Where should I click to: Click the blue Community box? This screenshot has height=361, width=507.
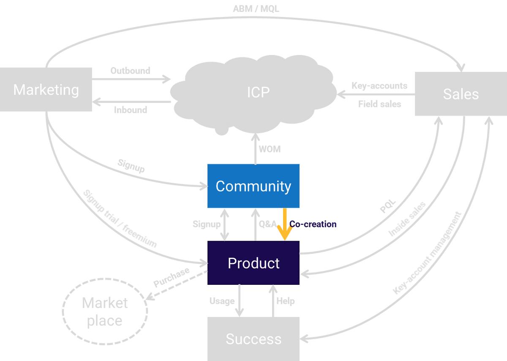pyautogui.click(x=253, y=186)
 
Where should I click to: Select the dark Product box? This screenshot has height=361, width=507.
pyautogui.click(x=253, y=263)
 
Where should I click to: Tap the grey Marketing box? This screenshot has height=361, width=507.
pyautogui.click(x=46, y=90)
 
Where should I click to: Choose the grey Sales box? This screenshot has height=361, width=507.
pyautogui.click(x=461, y=94)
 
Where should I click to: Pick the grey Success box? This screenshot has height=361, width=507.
pyautogui.click(x=253, y=339)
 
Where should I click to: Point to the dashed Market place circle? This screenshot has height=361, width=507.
pyautogui.click(x=105, y=311)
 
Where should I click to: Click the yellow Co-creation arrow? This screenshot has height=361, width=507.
pyautogui.click(x=284, y=224)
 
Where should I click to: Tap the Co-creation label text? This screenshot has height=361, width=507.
pyautogui.click(x=313, y=224)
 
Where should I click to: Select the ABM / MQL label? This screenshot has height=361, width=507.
pyautogui.click(x=256, y=8)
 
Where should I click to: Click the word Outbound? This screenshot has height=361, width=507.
pyautogui.click(x=130, y=71)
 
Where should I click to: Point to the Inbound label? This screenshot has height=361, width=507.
pyautogui.click(x=130, y=110)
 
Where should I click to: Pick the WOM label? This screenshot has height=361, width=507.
pyautogui.click(x=270, y=149)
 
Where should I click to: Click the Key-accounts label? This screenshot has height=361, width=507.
pyautogui.click(x=379, y=86)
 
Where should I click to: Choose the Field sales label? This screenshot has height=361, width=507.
pyautogui.click(x=379, y=104)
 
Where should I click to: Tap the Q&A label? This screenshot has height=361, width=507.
pyautogui.click(x=267, y=224)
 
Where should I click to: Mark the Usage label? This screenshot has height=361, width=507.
pyautogui.click(x=222, y=301)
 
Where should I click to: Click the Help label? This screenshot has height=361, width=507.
pyautogui.click(x=285, y=301)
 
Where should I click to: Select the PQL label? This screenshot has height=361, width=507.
pyautogui.click(x=388, y=207)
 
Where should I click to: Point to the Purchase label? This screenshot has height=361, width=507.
pyautogui.click(x=171, y=278)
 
